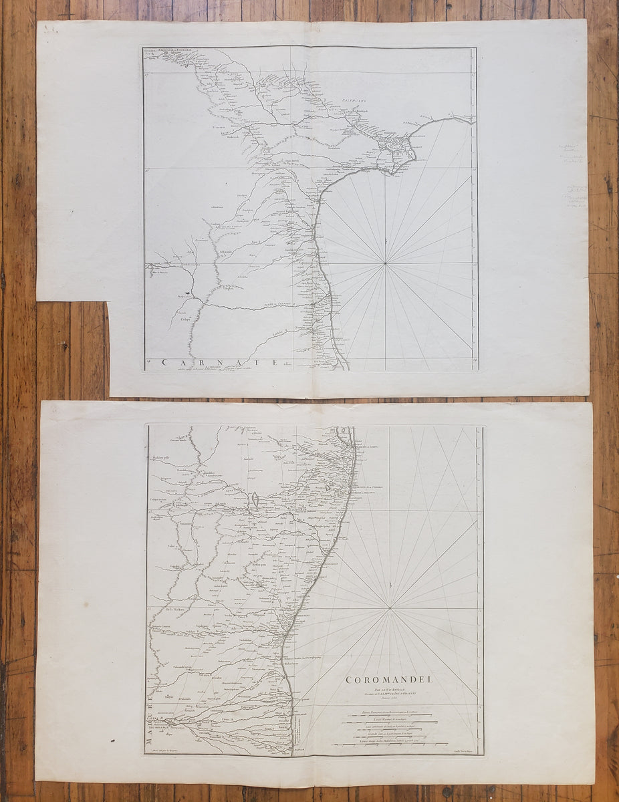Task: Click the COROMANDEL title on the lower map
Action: (389, 680)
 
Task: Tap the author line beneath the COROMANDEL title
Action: (389, 690)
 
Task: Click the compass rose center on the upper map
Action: (385, 263)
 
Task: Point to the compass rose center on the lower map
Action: (390, 608)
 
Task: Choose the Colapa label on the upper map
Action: (184, 319)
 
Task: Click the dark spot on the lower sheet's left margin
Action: (104, 739)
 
